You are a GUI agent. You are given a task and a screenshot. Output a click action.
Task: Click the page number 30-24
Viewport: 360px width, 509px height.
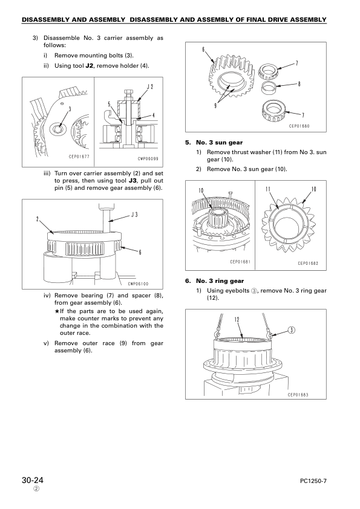(x=33, y=480)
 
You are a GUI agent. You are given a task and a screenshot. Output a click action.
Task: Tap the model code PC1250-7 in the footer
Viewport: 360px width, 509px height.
(x=313, y=481)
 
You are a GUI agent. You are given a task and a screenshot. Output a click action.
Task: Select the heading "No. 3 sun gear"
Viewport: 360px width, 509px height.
(x=219, y=143)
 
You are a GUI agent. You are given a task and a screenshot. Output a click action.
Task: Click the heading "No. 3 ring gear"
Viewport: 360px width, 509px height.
(x=220, y=281)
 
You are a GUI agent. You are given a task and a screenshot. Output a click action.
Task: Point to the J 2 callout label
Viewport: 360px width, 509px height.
(x=150, y=86)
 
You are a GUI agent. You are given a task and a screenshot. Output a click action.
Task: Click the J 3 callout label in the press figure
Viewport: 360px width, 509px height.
(x=134, y=214)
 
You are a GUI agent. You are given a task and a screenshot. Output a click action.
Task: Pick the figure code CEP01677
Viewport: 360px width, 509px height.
(x=79, y=157)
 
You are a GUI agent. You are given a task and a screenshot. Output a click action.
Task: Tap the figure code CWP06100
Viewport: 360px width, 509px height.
(x=138, y=284)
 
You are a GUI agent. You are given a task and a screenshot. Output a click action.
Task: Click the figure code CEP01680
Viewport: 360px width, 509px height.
(x=299, y=126)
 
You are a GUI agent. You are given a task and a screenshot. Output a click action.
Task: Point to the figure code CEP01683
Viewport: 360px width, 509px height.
(x=298, y=395)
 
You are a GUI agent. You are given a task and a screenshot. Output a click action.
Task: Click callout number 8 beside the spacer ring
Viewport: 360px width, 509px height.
(x=299, y=84)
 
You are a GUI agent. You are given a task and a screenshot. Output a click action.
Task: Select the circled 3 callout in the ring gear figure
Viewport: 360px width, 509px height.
(x=292, y=331)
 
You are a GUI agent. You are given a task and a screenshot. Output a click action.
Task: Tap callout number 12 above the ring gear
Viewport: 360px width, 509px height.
(x=237, y=320)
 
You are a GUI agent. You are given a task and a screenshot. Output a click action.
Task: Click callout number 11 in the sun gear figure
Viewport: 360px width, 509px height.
(x=268, y=189)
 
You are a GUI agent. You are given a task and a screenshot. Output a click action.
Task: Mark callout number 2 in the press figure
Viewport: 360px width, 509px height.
(x=38, y=219)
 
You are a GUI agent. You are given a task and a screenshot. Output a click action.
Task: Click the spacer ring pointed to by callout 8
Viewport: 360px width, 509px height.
(x=269, y=87)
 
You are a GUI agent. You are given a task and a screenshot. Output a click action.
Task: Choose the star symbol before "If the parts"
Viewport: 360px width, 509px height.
(x=57, y=311)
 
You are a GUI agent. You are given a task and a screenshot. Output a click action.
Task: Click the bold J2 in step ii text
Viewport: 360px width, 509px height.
(x=90, y=65)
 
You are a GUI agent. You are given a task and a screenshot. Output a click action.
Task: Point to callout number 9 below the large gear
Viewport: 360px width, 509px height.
(x=215, y=106)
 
